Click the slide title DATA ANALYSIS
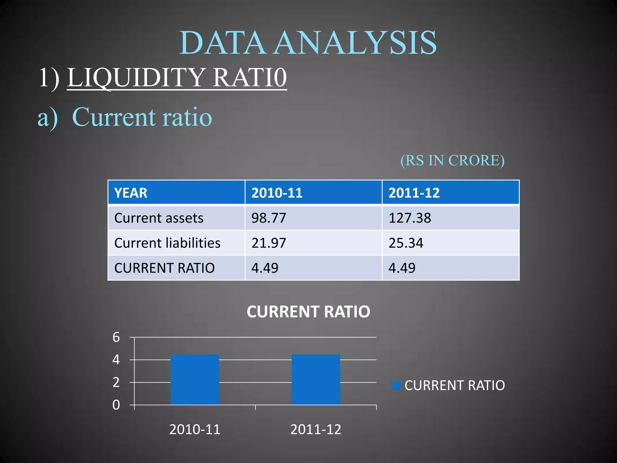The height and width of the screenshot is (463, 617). pos(308,43)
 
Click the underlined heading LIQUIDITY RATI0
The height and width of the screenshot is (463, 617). pos(177,77)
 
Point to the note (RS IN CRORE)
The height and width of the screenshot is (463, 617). pos(452,160)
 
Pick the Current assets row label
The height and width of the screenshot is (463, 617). pos(159,218)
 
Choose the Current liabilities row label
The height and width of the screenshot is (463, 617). pos(167,243)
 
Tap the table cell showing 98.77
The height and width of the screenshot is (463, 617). pos(269,218)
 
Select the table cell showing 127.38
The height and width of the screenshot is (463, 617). pos(410,218)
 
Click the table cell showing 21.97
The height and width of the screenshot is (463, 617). pos(269,243)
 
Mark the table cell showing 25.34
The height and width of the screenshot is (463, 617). pos(406,243)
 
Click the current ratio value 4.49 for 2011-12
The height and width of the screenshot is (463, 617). pos(402,268)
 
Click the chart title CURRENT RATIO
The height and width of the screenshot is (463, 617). pos(308,312)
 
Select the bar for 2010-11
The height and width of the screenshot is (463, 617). pos(195,380)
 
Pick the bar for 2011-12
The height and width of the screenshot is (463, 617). pos(316,380)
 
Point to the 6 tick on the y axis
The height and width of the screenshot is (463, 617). pos(116,337)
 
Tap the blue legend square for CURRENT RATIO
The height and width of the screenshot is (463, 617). pos(396,386)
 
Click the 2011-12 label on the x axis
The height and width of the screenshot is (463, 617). pos(316,430)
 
